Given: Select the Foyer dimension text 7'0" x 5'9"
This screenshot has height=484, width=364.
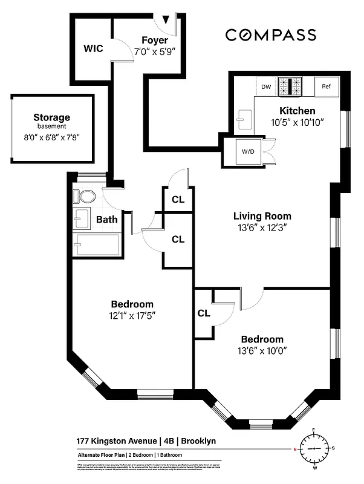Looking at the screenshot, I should coord(155,53).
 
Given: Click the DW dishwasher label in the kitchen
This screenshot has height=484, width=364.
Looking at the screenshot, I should coord(266,87).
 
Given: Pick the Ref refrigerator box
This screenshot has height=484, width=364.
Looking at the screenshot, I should coord(327,87).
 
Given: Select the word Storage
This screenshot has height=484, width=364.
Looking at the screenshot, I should coord(51,117).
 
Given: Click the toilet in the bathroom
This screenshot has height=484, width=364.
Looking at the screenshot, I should coord(85,197).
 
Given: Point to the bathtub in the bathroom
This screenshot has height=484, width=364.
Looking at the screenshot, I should coord(97,246).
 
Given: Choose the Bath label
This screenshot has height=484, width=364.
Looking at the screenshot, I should coord(106,220).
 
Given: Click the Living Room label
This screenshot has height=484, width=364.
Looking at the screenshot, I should coord(262,216).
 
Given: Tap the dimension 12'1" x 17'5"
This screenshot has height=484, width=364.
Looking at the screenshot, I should coord(132,315).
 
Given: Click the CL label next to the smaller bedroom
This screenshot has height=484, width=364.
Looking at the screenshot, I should coord(204,313).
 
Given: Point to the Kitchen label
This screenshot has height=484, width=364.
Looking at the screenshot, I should coord(297,111).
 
